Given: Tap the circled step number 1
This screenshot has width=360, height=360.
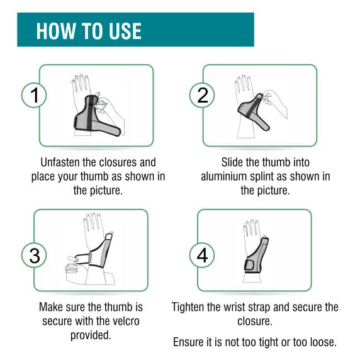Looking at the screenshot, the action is tap(34, 95).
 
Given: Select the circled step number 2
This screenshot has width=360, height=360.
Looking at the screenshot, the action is tap(202, 95).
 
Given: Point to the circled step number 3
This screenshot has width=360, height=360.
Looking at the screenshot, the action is tap(34, 256).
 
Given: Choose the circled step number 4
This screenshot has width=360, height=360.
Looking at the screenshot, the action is tap(202, 256).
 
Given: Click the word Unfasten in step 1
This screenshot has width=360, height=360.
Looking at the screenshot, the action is tap(60, 162).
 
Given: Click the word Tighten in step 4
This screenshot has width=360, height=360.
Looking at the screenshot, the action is tap(188, 307).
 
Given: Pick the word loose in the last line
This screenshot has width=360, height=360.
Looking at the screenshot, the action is tap(323, 342).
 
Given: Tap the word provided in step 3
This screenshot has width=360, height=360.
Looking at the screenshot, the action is tap(91, 335).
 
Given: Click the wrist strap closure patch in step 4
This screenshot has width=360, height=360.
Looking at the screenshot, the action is tap(249, 265).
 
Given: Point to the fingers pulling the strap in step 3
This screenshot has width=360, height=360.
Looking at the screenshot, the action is tap(72, 266).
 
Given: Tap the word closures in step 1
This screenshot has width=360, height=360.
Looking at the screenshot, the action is tap(116, 162).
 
